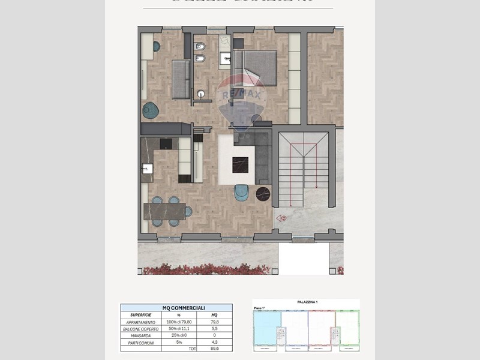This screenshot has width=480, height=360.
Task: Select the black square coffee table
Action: click(240, 163)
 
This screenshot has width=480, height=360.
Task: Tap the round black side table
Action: click(263, 194)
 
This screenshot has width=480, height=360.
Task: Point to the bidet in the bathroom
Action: click(200, 59)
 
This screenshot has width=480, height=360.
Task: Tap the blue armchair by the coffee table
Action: click(241, 193)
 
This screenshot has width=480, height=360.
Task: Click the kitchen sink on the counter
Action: click(146, 169)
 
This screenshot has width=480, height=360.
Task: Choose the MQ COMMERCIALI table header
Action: click(176, 307)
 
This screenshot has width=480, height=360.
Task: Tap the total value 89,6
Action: click(214, 349)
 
